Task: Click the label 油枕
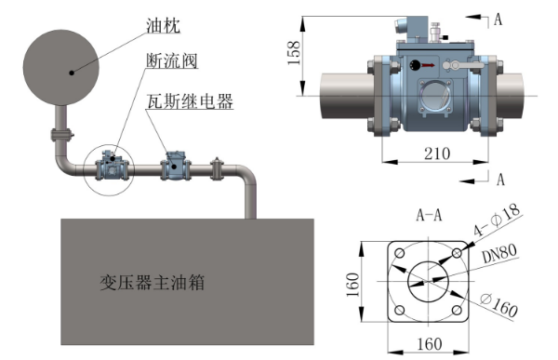tap(163, 25)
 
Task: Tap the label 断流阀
tap(172, 60)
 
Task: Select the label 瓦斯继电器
tap(190, 101)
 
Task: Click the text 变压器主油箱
tap(153, 283)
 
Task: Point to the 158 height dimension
tap(294, 53)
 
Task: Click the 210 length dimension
tap(437, 153)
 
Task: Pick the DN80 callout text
tap(499, 253)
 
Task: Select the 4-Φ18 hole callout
tap(498, 220)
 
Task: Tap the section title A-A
tap(429, 215)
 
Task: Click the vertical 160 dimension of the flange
tap(353, 285)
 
